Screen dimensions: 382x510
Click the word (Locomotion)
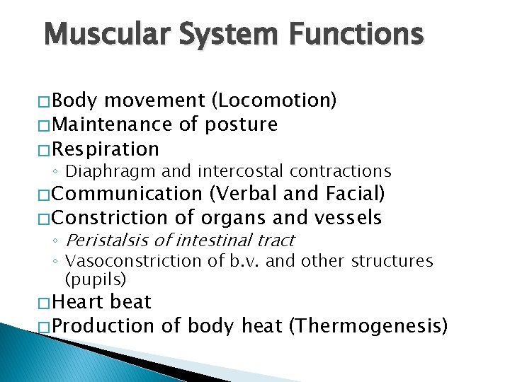pyautogui.click(x=273, y=101)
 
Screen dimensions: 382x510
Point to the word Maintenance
pyautogui.click(x=112, y=125)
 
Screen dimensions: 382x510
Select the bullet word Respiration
pyautogui.click(x=106, y=149)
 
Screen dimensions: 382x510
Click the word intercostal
pyautogui.click(x=232, y=170)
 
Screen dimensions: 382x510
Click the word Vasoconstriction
pyautogui.click(x=133, y=261)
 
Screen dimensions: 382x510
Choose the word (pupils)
pyautogui.click(x=95, y=279)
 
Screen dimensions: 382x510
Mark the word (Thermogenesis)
pyautogui.click(x=370, y=326)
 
